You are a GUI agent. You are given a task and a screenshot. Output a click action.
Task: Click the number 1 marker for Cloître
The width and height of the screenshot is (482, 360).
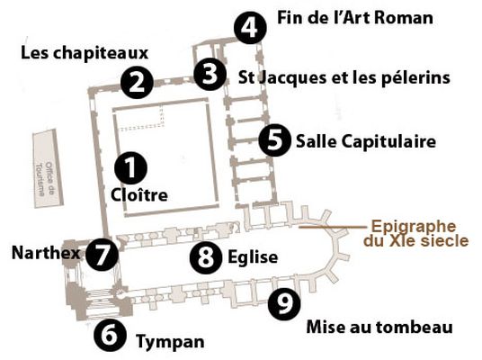coord(130,168)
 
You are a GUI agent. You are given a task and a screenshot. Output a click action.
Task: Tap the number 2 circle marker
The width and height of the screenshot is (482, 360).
coord(137,83)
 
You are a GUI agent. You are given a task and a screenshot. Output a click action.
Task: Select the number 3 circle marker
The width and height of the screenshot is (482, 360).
coord(210,74)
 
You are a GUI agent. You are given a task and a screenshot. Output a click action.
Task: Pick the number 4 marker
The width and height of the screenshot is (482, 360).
coord(250,28)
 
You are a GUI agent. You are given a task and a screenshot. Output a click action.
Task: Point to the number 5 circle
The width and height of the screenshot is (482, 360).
coord(275,140)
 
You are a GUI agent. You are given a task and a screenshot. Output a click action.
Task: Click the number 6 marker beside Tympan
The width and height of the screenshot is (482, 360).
coord(110,336)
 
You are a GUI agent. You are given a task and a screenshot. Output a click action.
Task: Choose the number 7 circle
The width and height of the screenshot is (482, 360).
coord(102,255)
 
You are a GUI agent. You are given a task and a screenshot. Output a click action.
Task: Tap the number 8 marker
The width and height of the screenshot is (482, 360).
coord(206,256)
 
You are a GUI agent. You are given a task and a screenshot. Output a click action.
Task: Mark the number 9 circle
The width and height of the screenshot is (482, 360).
coord(284,303)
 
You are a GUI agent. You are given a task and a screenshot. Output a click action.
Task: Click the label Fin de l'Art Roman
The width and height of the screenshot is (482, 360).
coord(355,17)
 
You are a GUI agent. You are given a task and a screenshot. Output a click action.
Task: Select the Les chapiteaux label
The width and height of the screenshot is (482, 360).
coord(85,53)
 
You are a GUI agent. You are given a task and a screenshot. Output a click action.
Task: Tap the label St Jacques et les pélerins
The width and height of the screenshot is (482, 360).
coord(344,77)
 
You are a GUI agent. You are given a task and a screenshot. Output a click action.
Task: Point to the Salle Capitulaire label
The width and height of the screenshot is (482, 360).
coord(366,142)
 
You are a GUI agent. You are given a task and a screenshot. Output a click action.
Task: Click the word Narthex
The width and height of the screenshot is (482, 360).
coord(46,253)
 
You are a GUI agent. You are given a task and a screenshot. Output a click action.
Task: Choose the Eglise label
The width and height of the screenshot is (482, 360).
coord(253,257)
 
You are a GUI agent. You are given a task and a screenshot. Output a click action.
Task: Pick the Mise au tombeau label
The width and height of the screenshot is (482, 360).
coord(379,327)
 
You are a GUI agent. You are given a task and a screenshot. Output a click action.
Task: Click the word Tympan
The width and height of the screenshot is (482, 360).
coord(170,342)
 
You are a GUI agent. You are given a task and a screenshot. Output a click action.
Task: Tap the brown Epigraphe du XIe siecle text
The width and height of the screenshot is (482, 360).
coord(416,233)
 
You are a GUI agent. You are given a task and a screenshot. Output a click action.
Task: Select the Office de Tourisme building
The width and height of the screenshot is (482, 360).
coord(48,168)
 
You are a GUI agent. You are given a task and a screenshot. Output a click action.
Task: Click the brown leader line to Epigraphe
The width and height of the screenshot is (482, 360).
coord(333,227)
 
